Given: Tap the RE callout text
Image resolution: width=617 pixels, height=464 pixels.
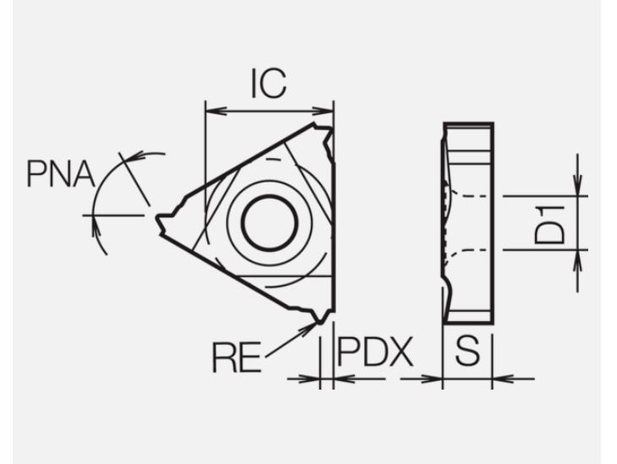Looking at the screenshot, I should coord(236,358).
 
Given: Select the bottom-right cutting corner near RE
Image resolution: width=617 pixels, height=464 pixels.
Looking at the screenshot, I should coord(321,319).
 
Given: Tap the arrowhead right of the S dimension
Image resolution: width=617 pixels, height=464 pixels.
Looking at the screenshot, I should coord(500,378).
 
